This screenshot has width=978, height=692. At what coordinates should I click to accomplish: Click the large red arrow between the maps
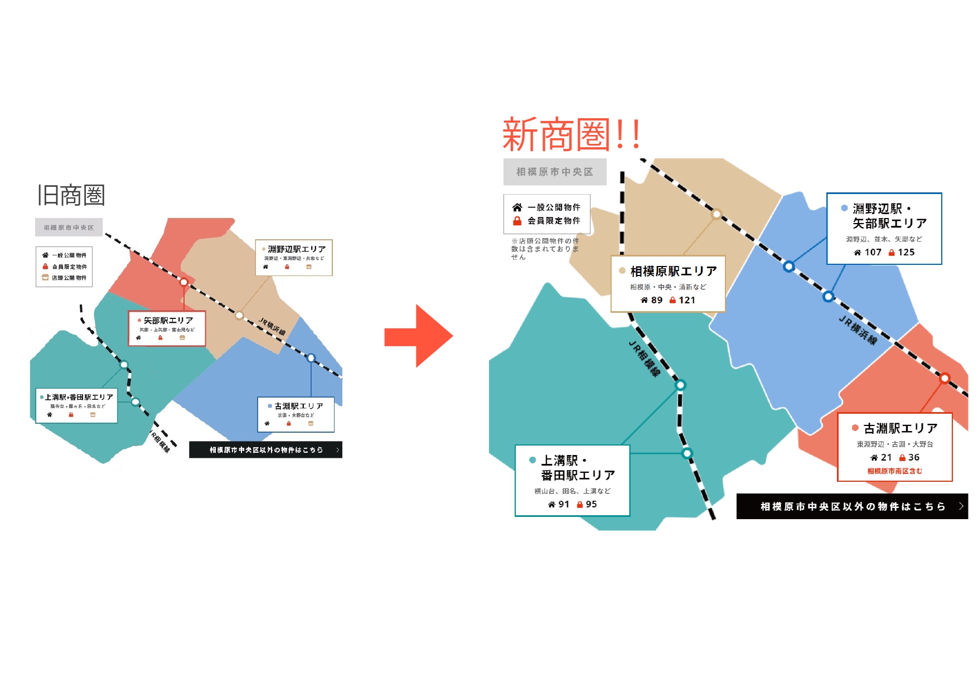pos(419,336)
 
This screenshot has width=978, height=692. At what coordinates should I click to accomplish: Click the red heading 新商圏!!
pos(571,135)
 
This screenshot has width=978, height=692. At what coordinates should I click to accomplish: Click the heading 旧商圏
pos(71,195)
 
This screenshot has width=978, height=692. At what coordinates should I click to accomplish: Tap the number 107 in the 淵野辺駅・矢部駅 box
pos(873,252)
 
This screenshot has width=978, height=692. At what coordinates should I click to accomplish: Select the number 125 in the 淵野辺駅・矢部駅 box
pos(906,252)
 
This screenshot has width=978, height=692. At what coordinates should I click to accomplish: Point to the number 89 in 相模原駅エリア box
pos(657,300)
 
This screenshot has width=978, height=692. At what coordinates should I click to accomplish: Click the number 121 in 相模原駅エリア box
pos(687,300)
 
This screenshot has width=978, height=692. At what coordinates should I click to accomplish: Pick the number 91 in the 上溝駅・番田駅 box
pos(564,504)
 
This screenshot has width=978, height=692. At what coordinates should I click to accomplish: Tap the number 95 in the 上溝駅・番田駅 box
pos(591,504)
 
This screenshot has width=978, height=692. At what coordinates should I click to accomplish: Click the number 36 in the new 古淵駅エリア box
pos(914,457)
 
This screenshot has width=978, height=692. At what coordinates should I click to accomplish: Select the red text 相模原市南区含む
pos(894,471)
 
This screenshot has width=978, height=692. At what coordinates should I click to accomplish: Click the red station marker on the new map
pos(945,378)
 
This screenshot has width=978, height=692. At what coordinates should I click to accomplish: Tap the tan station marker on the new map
pos(716,214)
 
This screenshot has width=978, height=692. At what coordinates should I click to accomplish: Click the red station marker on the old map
pos(183,282)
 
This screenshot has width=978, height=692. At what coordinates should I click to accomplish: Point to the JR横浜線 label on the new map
pos(858,330)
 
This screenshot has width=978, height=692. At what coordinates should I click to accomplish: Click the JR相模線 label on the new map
pos(645,359)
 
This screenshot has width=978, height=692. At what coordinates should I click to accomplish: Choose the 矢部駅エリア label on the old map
pos(168,321)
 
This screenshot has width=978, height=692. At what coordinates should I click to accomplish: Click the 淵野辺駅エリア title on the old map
pos(297,249)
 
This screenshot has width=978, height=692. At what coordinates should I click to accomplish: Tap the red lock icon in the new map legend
pos(517,221)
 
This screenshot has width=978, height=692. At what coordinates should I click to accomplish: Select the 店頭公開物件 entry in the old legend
pos(69,278)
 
